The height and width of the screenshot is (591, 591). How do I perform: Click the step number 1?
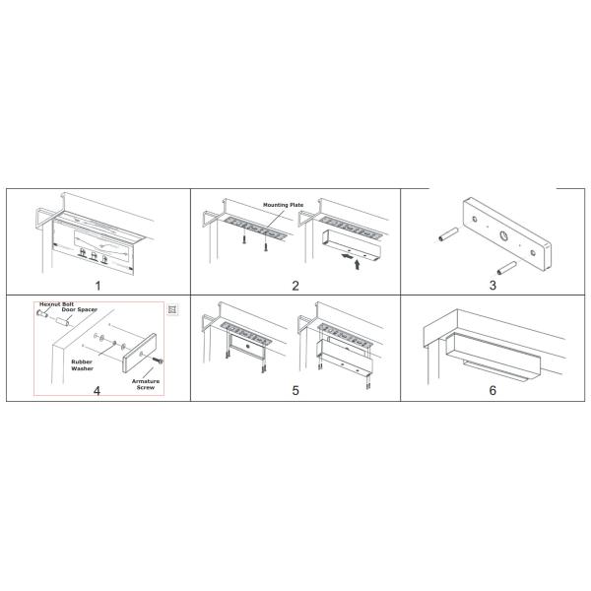pos(98,286)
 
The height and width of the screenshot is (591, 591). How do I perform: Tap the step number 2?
pos(295,286)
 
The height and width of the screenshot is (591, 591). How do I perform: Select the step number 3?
pos(492,286)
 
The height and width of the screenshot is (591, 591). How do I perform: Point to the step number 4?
pos(97,391)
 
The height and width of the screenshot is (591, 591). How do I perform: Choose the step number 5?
pos(295,390)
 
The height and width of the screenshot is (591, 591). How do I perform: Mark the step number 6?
pos(492,390)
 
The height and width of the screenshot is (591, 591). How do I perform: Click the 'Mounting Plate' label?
pos(283,205)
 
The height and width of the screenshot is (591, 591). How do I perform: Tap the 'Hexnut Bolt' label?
pos(57,303)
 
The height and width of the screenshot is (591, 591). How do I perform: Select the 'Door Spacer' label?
pos(80,309)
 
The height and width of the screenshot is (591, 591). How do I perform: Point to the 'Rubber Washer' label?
pos(82,365)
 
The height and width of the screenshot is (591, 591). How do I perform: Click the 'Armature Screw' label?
pos(146,384)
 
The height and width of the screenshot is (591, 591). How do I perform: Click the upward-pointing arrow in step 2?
pos(357,265)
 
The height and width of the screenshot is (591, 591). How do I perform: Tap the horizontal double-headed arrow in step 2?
pos(348,256)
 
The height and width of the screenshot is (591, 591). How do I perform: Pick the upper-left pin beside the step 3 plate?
pos(448,234)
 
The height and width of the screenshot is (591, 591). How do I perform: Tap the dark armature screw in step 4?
pos(158,361)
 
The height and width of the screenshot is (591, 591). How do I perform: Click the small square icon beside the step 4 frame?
pos(172,310)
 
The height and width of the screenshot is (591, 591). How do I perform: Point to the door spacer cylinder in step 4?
pos(62,322)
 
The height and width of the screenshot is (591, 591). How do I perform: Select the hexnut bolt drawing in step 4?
pos(42,313)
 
